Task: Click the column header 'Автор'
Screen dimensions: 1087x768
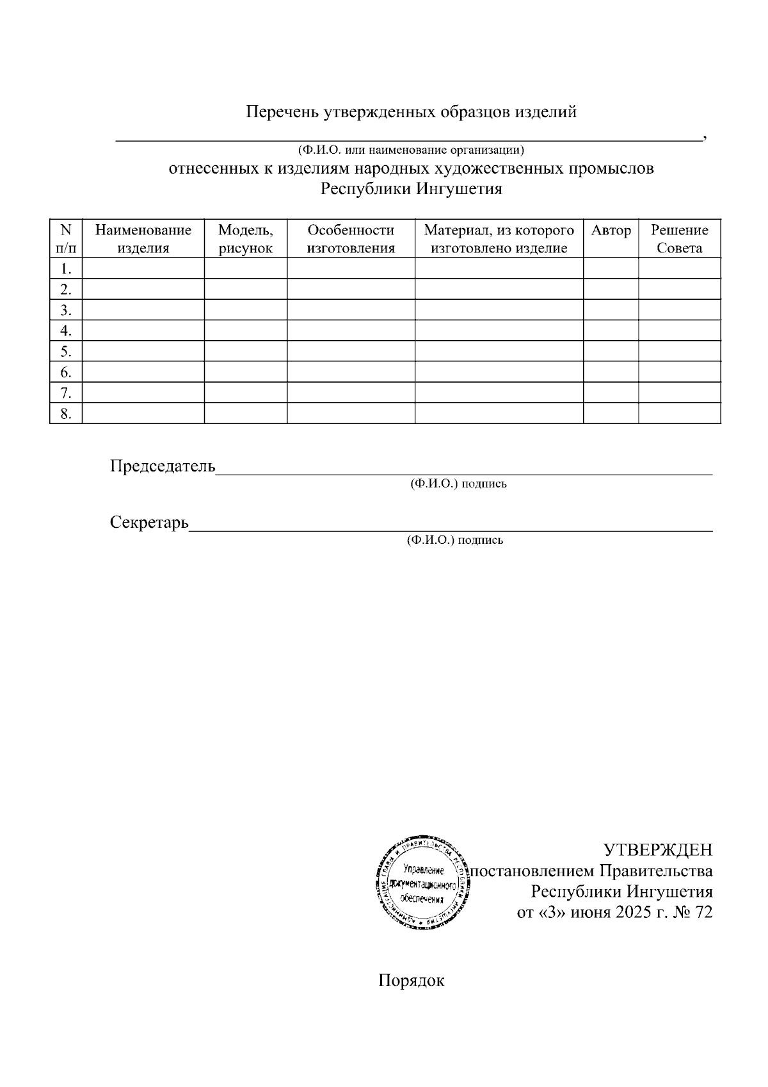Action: (611, 231)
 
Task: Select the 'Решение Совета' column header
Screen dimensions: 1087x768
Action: (679, 239)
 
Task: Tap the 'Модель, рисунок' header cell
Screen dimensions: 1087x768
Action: (245, 239)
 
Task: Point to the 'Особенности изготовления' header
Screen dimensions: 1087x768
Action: (351, 239)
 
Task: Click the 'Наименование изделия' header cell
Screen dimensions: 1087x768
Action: (143, 239)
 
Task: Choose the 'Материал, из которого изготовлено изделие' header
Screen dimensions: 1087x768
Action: (499, 239)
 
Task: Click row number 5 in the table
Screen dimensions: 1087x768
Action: (66, 352)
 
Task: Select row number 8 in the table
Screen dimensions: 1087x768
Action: (66, 414)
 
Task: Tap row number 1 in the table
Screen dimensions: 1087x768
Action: (66, 268)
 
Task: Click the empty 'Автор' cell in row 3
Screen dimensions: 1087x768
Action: (611, 310)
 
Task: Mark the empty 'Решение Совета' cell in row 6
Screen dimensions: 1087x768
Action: (679, 372)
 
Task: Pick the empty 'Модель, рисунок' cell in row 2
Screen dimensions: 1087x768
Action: (245, 289)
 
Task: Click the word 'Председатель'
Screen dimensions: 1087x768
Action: (163, 466)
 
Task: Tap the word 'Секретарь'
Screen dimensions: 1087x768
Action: (149, 522)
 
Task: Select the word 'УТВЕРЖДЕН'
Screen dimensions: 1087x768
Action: (658, 850)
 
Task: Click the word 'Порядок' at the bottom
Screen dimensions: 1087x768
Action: (411, 981)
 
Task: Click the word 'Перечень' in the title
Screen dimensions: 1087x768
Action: (282, 112)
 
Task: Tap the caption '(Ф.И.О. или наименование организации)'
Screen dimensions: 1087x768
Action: (411, 151)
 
